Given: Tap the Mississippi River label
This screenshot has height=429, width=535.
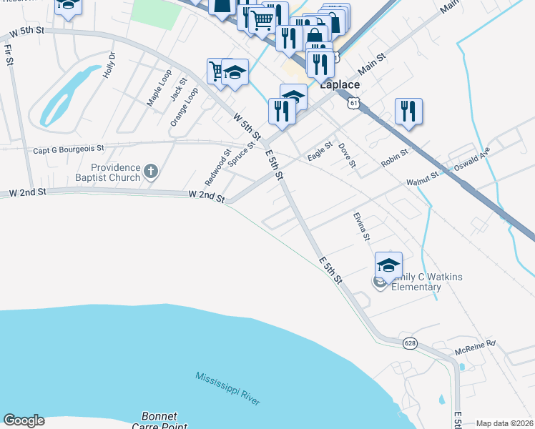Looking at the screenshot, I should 228,388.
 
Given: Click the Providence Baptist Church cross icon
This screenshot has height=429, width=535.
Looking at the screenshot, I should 150,171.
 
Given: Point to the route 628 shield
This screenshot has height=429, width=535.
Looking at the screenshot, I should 410,343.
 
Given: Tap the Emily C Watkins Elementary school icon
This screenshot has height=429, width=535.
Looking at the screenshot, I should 388,265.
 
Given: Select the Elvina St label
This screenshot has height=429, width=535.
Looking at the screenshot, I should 362,225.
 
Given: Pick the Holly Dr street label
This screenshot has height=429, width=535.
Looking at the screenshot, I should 109,65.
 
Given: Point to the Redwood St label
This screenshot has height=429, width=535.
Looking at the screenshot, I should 217,165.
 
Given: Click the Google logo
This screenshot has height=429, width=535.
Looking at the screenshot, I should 24,420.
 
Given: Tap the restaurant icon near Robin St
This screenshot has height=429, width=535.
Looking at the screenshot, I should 408,112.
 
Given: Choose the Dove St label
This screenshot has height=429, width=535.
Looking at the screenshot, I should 347,154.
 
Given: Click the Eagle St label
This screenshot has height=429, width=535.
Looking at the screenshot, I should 320,152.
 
